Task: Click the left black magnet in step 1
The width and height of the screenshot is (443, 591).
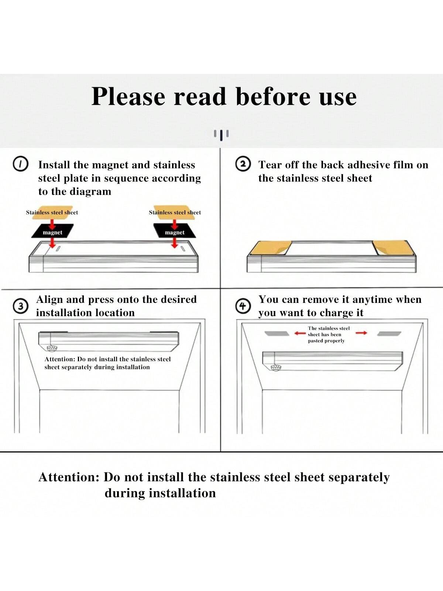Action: (52, 231)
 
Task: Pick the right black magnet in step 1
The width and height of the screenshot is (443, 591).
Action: (175, 231)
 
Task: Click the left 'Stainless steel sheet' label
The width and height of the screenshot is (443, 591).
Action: (52, 212)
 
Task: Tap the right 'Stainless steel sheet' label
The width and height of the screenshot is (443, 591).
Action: (175, 212)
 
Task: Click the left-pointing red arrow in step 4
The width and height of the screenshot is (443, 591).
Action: (300, 333)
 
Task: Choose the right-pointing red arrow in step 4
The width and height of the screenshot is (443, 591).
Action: (361, 333)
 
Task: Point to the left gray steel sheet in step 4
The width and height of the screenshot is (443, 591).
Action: (277, 334)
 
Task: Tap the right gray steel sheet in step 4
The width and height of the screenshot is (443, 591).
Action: (389, 334)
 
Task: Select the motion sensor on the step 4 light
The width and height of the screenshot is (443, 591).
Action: (275, 368)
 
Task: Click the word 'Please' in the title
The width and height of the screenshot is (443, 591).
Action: (128, 96)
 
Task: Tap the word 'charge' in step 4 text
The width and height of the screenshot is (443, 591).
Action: (337, 313)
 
